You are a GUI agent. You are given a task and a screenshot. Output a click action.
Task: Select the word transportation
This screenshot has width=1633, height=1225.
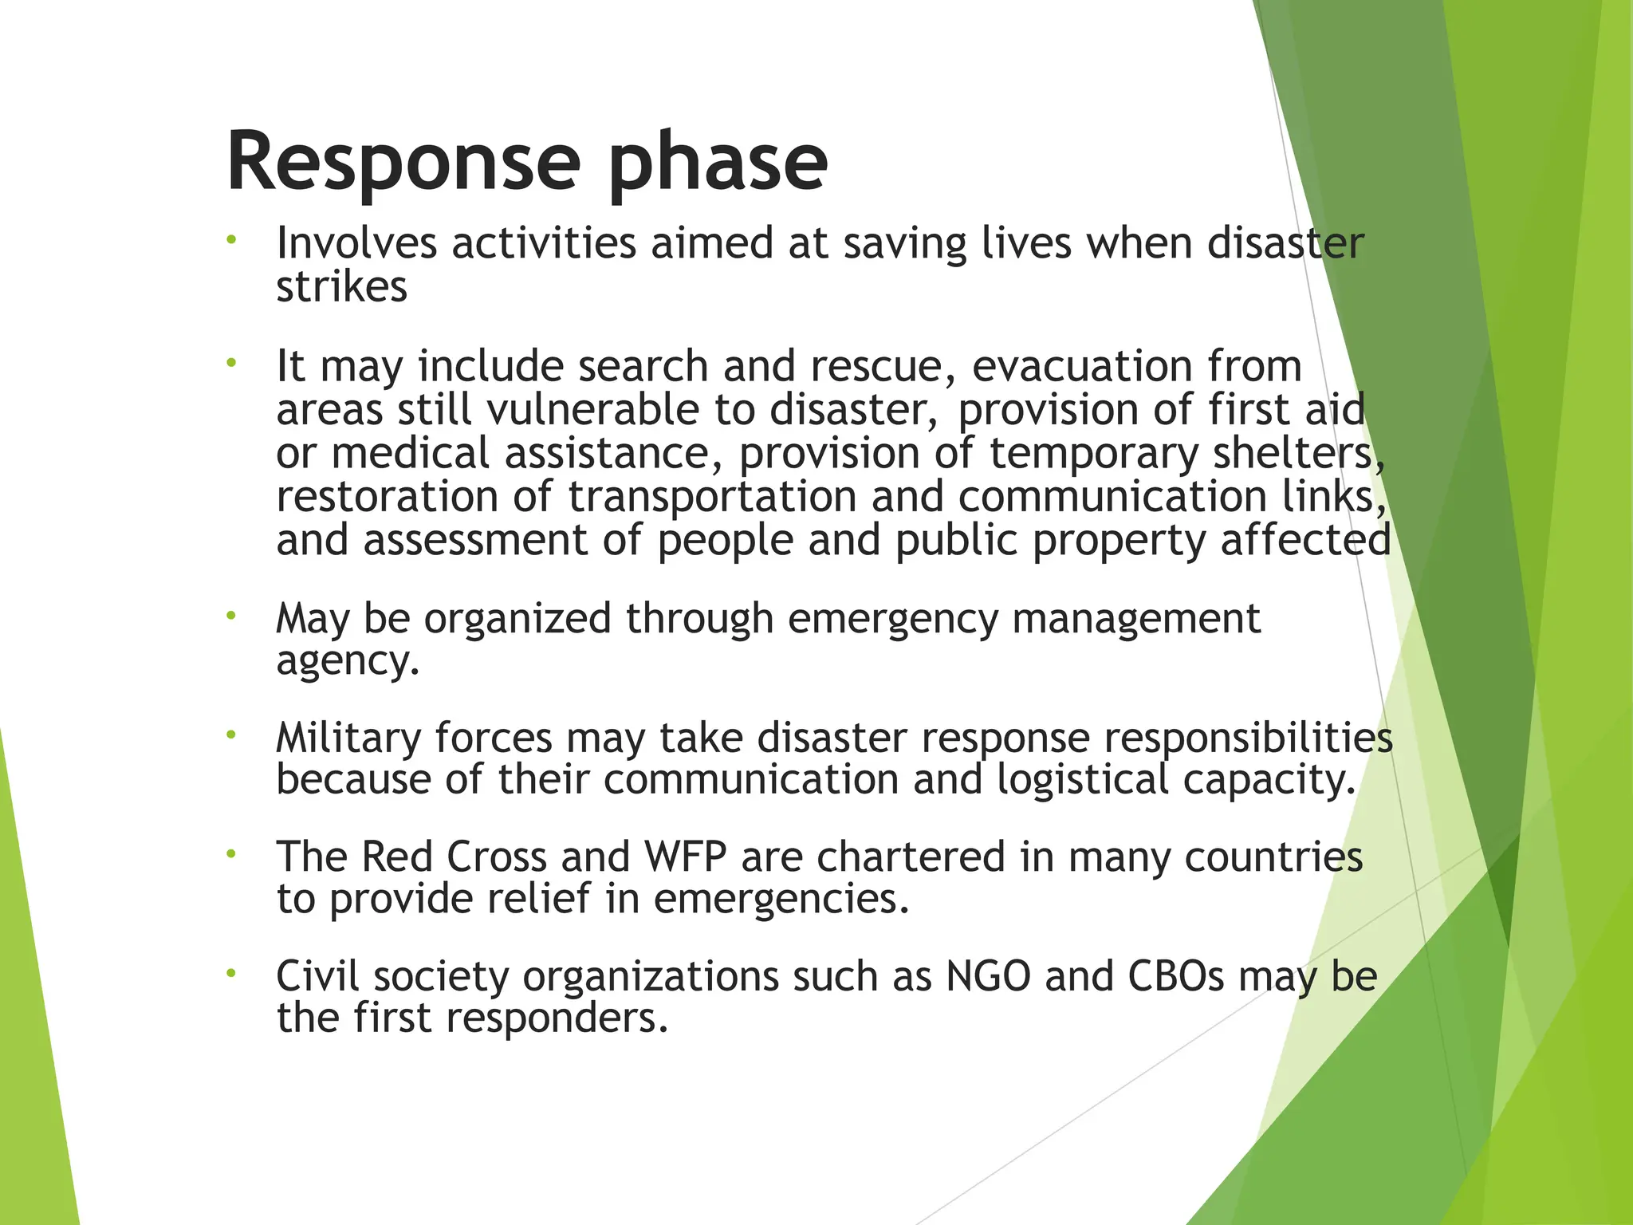(712, 497)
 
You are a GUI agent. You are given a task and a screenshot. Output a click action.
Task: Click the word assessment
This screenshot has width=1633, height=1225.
(475, 540)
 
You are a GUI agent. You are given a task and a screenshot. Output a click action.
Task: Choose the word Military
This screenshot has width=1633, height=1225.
(348, 737)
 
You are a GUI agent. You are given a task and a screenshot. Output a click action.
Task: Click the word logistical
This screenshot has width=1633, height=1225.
(1082, 779)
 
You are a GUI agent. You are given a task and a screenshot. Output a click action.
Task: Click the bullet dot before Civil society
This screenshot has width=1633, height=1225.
(231, 972)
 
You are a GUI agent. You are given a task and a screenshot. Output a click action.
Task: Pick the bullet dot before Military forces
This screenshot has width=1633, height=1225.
(231, 734)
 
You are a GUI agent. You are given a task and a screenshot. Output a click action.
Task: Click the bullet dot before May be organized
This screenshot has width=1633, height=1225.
(231, 615)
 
